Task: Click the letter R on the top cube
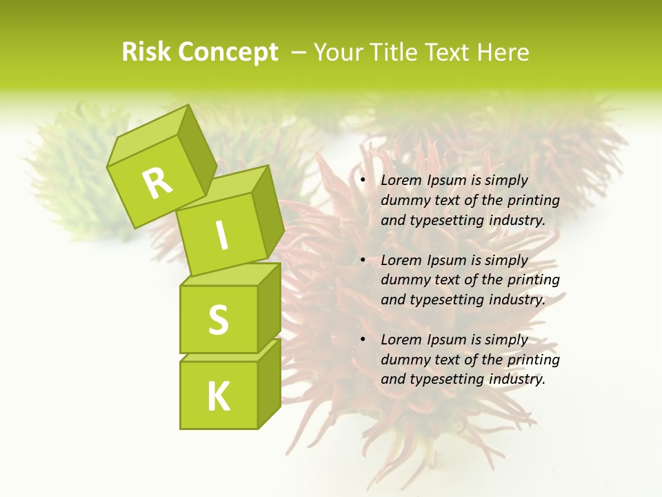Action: click(x=157, y=184)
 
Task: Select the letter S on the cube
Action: click(x=218, y=320)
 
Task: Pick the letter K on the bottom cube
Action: click(x=218, y=396)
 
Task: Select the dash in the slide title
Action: click(x=299, y=52)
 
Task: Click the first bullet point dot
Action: click(x=363, y=181)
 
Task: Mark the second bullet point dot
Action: click(x=363, y=261)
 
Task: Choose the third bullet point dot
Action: click(x=363, y=340)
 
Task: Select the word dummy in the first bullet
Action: click(x=403, y=201)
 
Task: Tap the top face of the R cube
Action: click(x=148, y=142)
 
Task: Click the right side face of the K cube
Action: click(x=269, y=384)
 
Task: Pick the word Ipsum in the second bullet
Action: click(x=446, y=261)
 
